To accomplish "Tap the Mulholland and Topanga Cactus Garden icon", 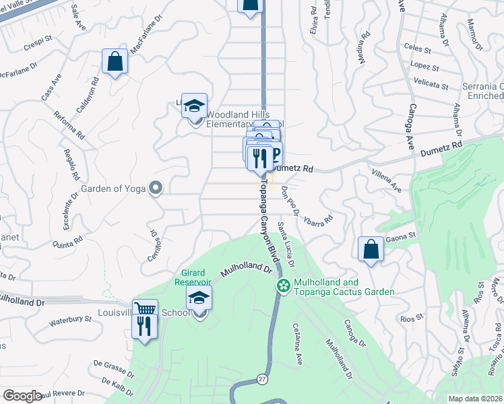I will [x=284, y=286].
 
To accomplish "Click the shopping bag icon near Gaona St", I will [x=371, y=248].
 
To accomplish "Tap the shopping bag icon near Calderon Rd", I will [x=115, y=61].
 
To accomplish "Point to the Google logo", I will [x=22, y=396].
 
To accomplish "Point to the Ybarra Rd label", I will [x=318, y=220].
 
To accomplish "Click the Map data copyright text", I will [x=476, y=398].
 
